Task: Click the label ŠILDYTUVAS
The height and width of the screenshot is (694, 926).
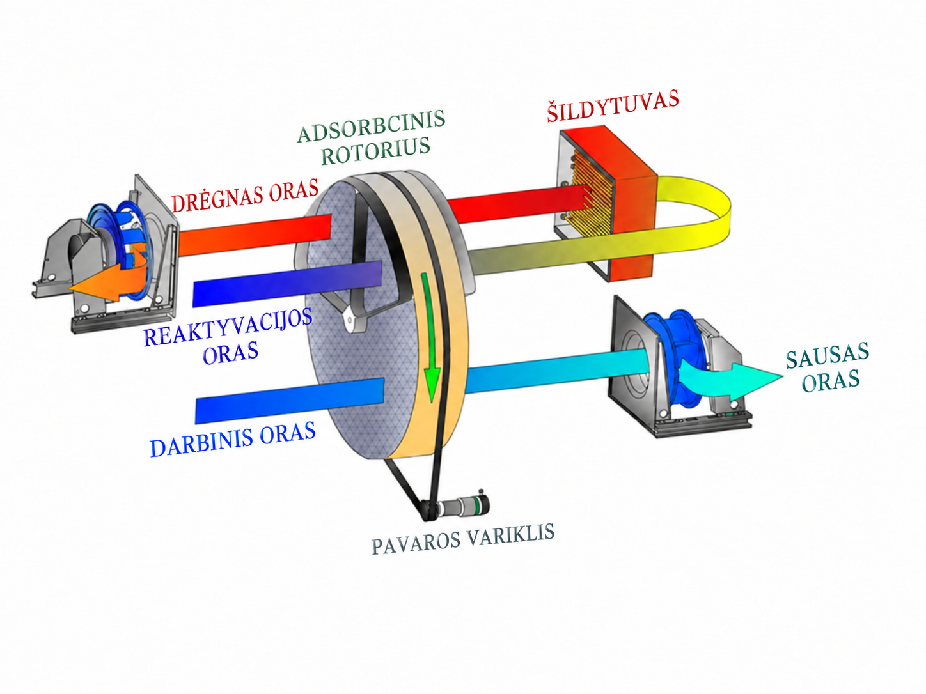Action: coord(613,105)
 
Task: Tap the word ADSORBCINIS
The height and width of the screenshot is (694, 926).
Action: coord(372,127)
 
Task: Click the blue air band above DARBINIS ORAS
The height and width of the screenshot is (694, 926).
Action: coord(290,401)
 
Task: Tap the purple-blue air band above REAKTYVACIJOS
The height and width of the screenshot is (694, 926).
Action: coord(287,284)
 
